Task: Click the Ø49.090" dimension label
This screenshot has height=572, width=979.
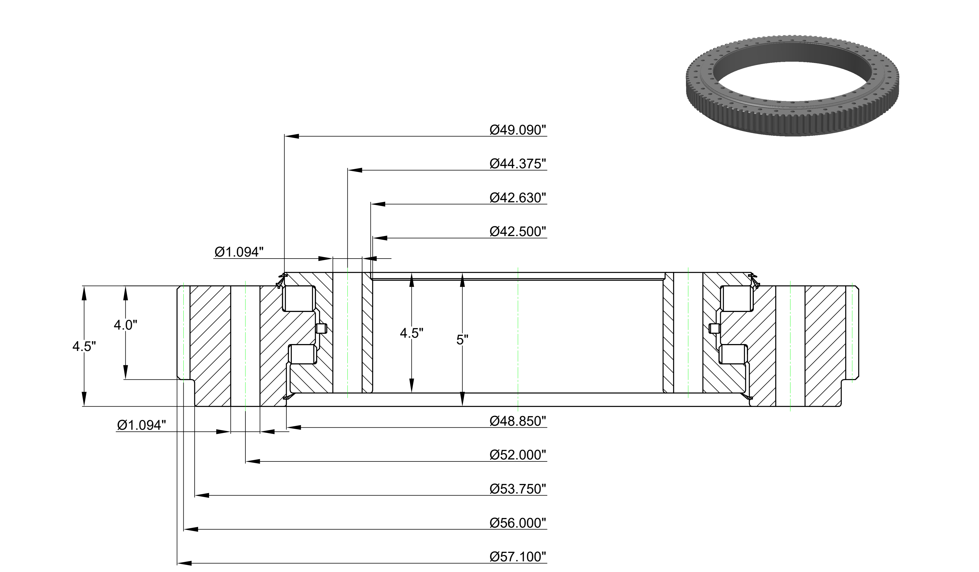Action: point(518,130)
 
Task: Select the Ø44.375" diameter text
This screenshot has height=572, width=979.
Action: point(518,164)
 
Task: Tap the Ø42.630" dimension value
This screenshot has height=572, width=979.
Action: point(518,197)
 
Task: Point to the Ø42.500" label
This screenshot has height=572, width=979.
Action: point(518,231)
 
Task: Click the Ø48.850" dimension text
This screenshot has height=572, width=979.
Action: point(518,421)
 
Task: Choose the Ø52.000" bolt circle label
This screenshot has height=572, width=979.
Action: point(518,455)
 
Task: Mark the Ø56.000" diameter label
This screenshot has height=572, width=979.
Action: point(518,523)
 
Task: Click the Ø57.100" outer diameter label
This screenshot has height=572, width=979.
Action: point(518,556)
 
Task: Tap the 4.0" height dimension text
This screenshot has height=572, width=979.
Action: point(125,325)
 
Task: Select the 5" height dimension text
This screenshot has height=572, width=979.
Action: point(462,340)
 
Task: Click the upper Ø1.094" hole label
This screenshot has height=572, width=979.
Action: point(239,252)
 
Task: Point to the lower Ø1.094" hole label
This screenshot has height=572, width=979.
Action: point(141,425)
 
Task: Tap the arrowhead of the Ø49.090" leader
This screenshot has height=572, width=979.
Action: point(292,136)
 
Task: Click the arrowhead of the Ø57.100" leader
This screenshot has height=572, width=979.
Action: point(185,563)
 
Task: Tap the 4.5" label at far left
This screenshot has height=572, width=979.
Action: point(84,346)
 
